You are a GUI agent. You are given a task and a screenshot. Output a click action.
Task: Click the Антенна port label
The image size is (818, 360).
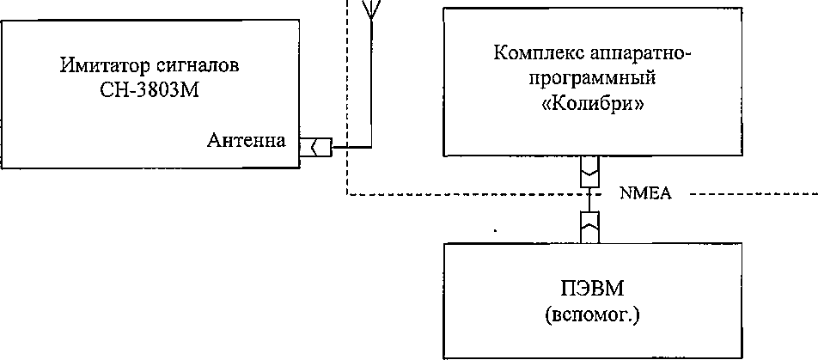247,141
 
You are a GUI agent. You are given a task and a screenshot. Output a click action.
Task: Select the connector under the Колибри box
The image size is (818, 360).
589,172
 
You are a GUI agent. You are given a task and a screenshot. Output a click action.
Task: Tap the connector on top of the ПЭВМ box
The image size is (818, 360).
589,225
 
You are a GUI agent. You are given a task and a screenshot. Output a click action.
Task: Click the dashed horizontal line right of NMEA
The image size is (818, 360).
748,194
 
